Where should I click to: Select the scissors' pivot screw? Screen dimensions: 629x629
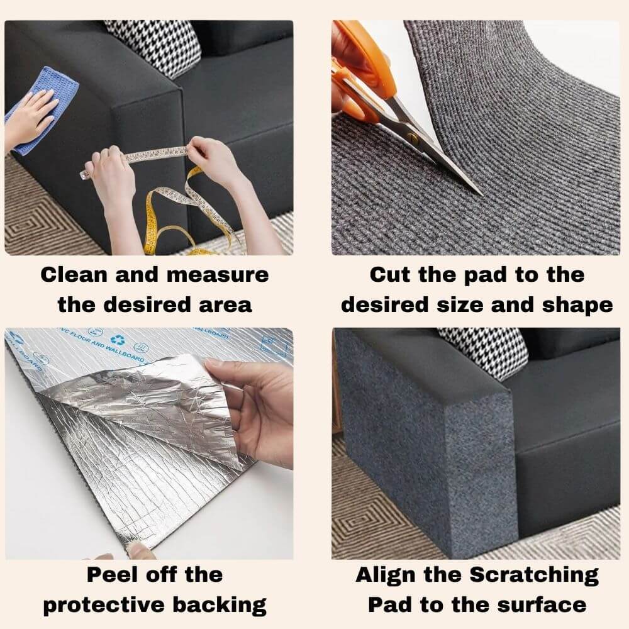click(x=412, y=135)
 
